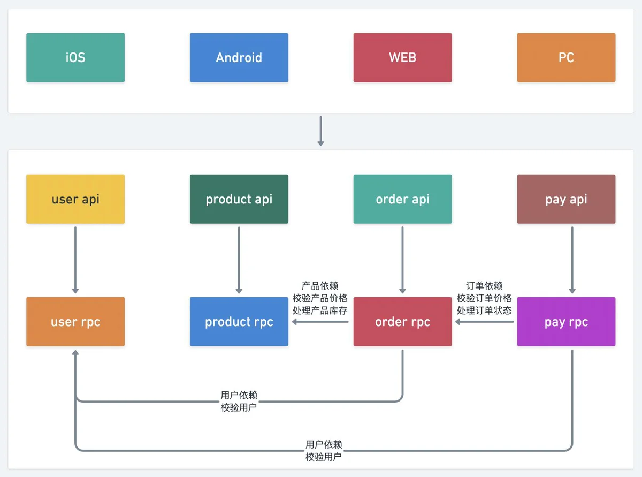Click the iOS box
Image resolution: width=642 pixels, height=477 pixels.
point(75,57)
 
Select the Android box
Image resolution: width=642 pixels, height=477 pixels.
point(239,57)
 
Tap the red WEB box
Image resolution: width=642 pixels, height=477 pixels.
point(403,57)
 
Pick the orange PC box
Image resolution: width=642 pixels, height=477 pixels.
point(566,57)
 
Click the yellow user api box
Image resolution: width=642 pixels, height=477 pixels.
point(75,199)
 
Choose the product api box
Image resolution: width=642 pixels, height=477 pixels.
point(239,199)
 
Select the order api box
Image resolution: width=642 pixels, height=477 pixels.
point(403,199)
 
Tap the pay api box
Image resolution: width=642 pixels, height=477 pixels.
point(566,199)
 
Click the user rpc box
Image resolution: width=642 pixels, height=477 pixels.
point(75,321)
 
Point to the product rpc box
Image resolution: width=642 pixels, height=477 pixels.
point(239,321)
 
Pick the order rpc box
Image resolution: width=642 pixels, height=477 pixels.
point(403,321)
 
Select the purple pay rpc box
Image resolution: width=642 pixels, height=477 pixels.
point(566,321)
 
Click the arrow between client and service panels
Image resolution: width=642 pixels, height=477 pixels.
point(320,131)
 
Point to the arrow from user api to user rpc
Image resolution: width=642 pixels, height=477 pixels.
point(75,260)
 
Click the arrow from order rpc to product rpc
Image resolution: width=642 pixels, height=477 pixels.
point(320,321)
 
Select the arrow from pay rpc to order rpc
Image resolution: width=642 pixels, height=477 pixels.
point(484,321)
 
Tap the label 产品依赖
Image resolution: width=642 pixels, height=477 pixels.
point(320,286)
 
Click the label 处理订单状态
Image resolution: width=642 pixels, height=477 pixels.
point(484,311)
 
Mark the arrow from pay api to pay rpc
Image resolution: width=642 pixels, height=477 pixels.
point(572,260)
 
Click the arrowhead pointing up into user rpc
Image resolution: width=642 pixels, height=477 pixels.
point(75,352)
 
